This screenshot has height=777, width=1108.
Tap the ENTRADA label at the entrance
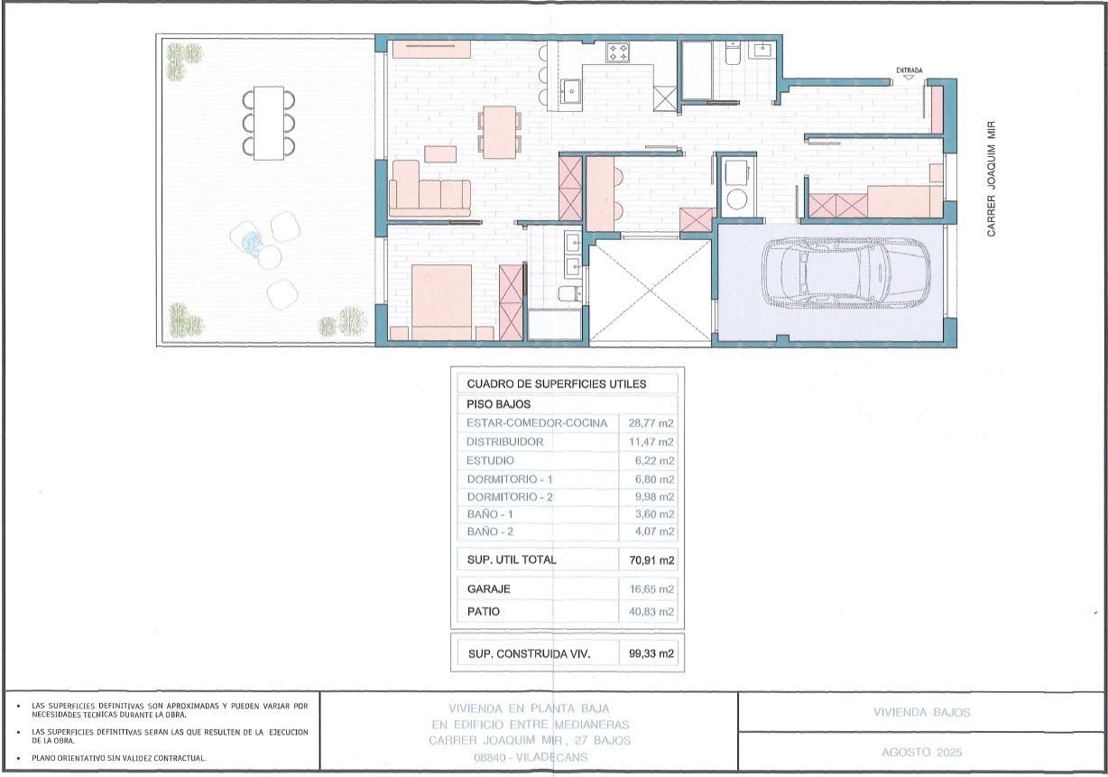[x=909, y=69]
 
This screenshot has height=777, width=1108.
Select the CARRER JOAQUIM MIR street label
[x=991, y=180]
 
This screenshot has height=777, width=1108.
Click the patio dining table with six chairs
[x=268, y=122]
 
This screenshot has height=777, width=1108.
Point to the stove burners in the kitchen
[x=618, y=52]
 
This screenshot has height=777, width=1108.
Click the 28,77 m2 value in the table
[x=651, y=423]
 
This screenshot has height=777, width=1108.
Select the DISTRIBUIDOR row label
[x=505, y=442]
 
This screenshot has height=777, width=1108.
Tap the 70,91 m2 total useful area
[x=651, y=560]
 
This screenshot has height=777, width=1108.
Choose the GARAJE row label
[x=489, y=589]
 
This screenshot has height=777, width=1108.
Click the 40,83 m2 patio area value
[x=651, y=612]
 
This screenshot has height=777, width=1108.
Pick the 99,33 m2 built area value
[x=651, y=653]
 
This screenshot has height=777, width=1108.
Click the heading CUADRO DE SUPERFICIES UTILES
[x=557, y=384]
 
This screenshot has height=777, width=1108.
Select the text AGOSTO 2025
[x=921, y=752]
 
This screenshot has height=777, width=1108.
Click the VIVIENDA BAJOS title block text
[x=921, y=712]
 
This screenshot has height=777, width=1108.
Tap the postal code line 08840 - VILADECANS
[x=530, y=758]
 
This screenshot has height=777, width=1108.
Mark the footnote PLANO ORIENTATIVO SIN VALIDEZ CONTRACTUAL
[x=118, y=759]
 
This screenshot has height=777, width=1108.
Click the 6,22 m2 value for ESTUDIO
[x=655, y=461]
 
